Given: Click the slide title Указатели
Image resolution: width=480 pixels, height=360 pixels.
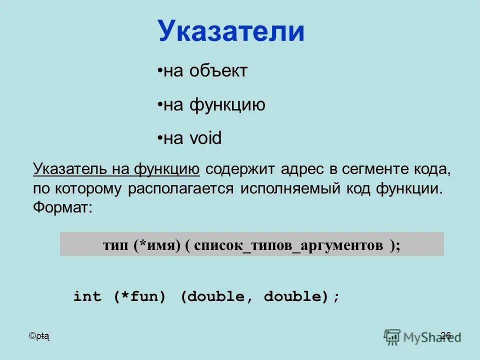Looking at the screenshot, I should click(231, 31).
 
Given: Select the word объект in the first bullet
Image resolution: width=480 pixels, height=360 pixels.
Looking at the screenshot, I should click(218, 71).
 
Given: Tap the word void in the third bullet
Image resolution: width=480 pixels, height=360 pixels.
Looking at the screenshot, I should click(205, 138).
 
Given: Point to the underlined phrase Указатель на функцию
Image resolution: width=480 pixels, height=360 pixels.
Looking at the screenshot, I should click(116, 169).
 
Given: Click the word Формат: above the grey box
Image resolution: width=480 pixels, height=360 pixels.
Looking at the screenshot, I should click(63, 207).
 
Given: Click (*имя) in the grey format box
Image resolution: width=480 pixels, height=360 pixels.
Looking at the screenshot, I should click(156, 245).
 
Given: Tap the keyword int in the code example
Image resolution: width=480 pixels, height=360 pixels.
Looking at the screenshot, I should click(87, 297).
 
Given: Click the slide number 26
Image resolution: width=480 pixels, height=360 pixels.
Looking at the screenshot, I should click(446, 335).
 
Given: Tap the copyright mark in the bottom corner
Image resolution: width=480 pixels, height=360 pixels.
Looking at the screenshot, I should click(33, 336).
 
